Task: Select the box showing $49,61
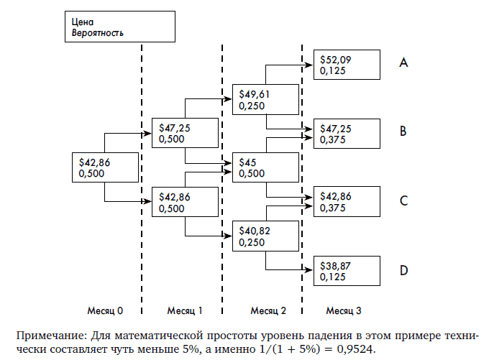pos(265,99)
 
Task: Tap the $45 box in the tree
pos(265,167)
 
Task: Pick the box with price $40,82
pos(265,235)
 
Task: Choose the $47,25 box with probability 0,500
pos(185,133)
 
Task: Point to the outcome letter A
pos(404,63)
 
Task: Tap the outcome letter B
pos(404,131)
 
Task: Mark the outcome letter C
pos(404,201)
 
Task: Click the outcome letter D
pos(404,270)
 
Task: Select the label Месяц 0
pos(106,311)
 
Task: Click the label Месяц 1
pos(185,311)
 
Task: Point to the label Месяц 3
pos(344,311)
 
